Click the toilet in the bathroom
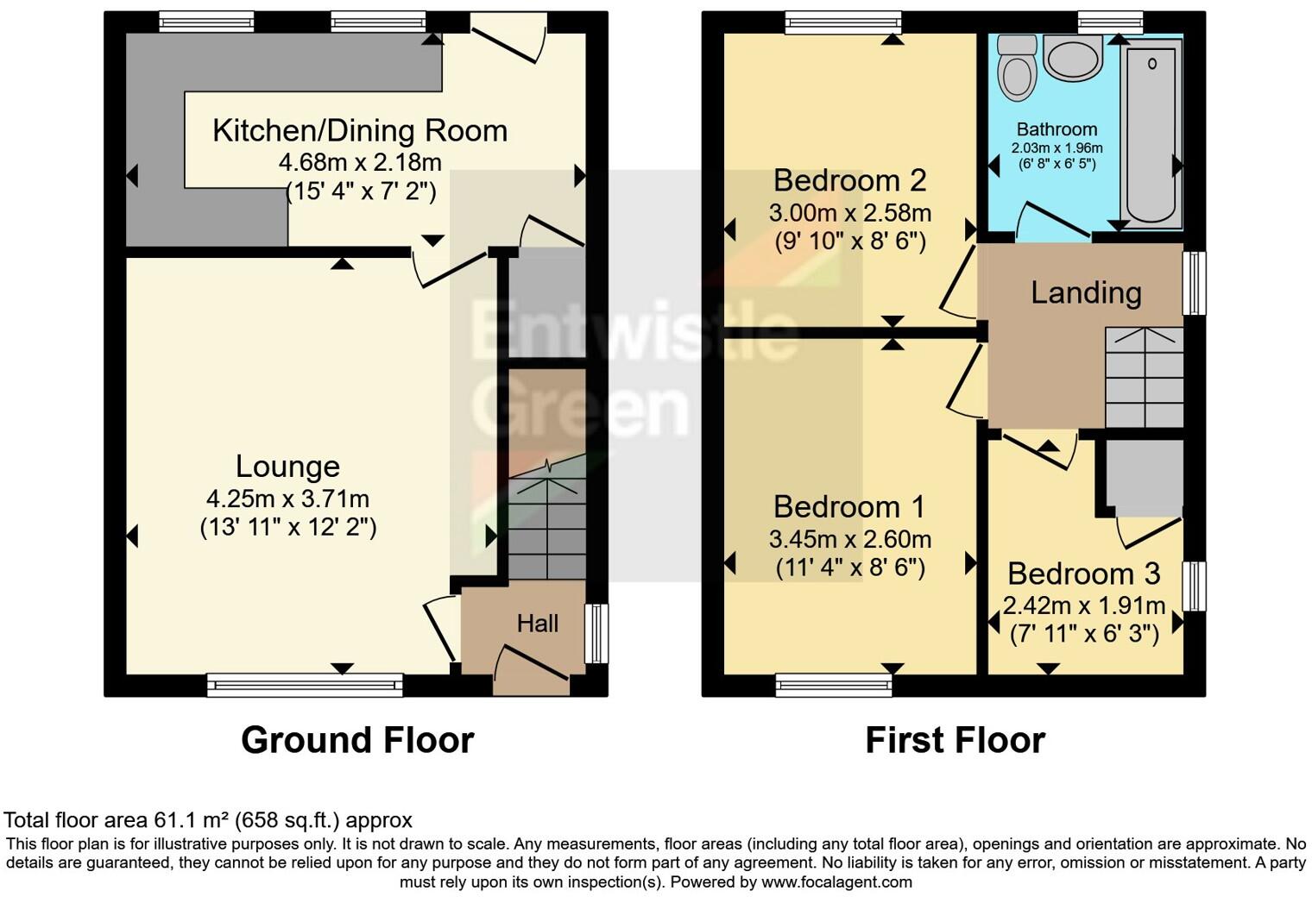point(1017,68)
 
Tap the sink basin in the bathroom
point(1073,57)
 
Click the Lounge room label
point(287,467)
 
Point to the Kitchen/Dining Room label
point(360,130)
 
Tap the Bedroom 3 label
point(1083,574)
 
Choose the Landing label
point(1087,292)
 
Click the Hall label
point(537,624)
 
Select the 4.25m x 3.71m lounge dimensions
point(287,499)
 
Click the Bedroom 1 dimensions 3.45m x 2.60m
point(850,539)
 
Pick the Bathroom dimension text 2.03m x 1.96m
point(1057,148)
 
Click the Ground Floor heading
point(357,740)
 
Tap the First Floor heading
point(956,740)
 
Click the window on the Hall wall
point(596,634)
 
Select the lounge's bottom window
point(306,685)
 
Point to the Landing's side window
point(1195,283)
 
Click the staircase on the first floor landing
point(1144,378)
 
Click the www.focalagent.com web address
point(836,881)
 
